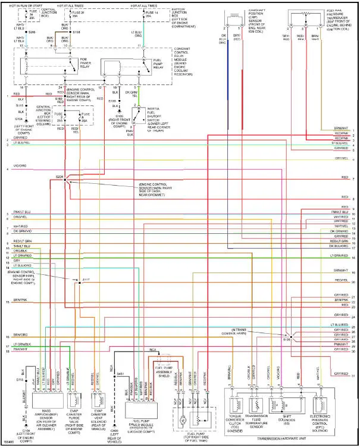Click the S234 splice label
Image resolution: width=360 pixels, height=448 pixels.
(59, 177)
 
